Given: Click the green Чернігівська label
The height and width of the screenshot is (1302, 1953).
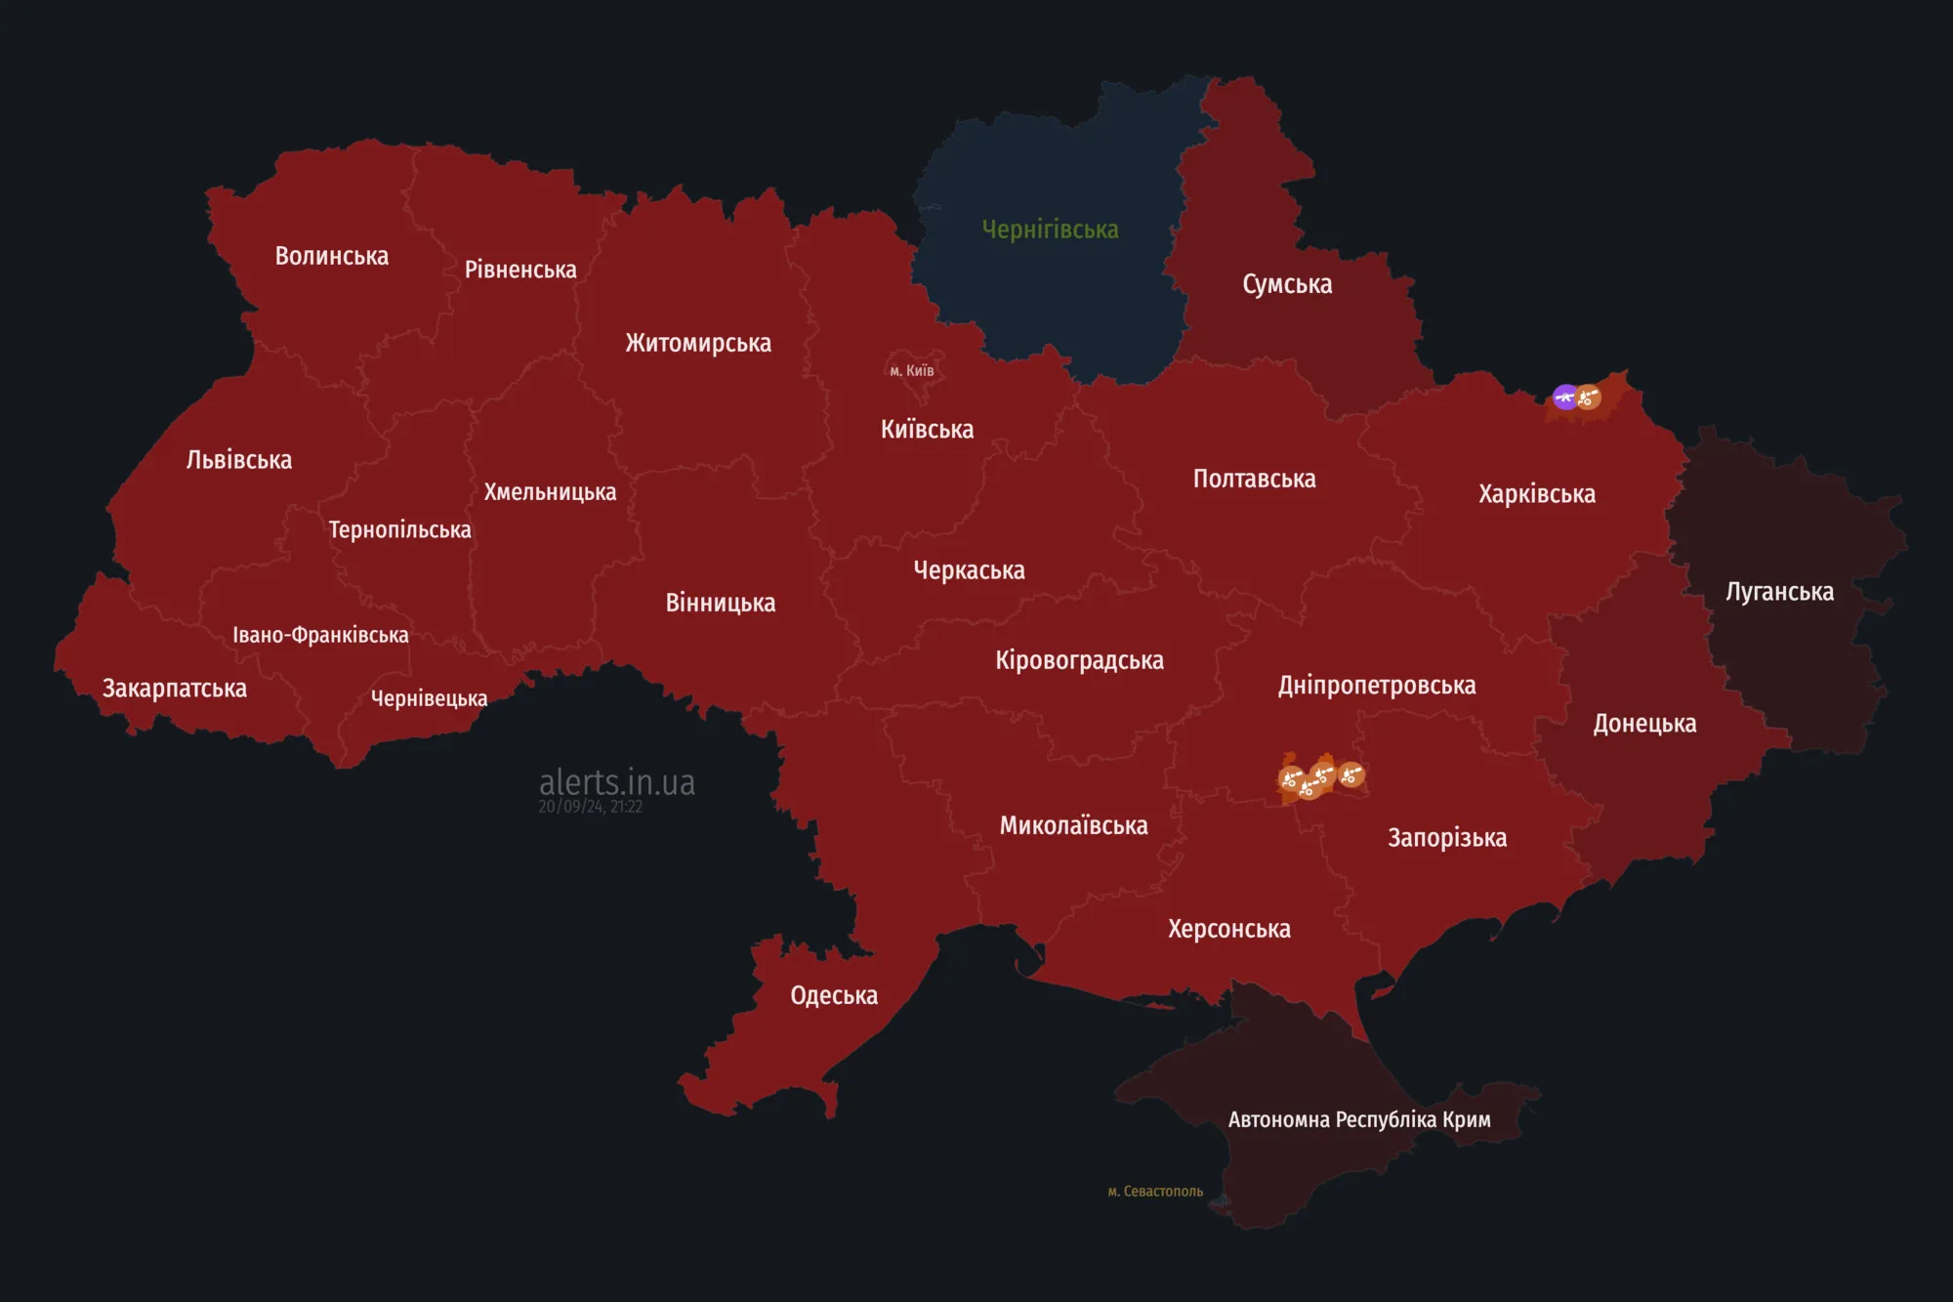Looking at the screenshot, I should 1050,230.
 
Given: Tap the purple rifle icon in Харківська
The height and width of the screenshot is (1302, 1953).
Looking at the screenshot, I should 1564,397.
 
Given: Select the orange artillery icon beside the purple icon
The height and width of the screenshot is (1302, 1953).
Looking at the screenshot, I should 1589,398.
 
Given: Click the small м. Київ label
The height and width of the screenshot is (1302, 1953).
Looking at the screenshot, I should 911,371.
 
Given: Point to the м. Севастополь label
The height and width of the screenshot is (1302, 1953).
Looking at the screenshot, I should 1155,1192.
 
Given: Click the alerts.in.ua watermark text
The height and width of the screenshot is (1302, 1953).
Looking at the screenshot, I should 617,782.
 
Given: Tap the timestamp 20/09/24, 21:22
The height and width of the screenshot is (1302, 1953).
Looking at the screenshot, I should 590,807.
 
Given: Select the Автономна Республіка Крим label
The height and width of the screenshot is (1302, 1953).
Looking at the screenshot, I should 1358,1119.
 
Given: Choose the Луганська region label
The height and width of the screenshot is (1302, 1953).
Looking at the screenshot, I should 1779,592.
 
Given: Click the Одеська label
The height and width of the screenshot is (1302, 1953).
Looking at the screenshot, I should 834,995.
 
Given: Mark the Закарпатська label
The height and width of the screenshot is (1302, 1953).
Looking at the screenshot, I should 175,689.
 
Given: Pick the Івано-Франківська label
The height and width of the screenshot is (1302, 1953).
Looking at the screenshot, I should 320,635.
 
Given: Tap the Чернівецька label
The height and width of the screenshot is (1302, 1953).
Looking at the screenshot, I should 429,698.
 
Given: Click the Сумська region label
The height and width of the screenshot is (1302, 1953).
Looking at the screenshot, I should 1287,284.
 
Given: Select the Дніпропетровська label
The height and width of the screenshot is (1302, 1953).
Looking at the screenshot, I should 1377,686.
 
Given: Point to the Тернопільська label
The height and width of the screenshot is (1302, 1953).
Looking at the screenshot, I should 399,530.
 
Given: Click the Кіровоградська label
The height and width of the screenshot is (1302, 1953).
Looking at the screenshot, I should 1079,660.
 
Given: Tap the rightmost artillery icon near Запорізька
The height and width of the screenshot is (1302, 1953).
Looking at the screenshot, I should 1351,776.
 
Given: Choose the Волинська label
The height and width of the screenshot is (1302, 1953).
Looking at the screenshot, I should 331,256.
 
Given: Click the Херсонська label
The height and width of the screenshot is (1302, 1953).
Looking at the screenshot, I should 1228,929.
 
